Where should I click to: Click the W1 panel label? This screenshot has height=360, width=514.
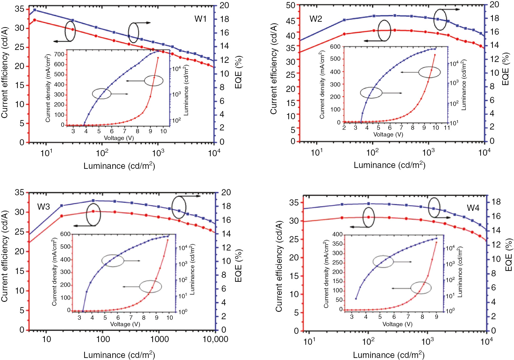(200, 19)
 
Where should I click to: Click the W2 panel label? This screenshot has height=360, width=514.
(316, 19)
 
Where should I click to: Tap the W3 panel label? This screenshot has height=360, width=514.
(43, 207)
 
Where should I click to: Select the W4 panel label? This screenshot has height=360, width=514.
(473, 208)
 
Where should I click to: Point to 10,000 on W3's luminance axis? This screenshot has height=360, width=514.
(215, 339)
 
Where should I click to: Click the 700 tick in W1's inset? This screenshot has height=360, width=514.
(59, 54)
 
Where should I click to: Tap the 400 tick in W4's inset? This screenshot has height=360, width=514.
(337, 234)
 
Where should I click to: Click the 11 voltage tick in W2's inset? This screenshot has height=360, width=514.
(447, 128)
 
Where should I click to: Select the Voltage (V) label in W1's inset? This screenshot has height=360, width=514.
(119, 138)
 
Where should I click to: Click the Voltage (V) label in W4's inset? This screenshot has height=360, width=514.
(397, 324)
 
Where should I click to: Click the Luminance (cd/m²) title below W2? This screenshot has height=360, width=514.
(389, 165)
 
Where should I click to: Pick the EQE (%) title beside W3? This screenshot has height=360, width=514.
(238, 266)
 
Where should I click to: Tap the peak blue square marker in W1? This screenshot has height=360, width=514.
(35, 10)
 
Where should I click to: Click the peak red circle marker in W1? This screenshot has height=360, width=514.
(35, 20)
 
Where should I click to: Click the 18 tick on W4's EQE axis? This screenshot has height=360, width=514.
(496, 202)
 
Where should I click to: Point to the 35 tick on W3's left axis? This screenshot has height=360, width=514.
(19, 193)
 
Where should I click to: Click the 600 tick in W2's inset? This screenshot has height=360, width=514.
(335, 47)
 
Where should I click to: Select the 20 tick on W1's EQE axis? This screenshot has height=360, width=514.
(224, 5)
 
